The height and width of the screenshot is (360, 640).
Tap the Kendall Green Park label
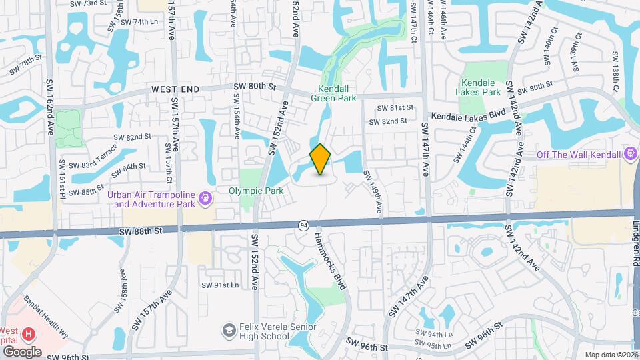pos(333,93)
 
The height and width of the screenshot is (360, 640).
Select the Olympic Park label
pos(251,190)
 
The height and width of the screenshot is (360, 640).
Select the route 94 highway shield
pos(304,225)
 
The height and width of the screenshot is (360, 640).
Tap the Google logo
pos(21,351)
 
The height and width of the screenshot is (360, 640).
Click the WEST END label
pos(175,89)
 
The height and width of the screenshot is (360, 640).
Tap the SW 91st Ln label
pos(220,285)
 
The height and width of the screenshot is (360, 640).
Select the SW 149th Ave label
pos(373,192)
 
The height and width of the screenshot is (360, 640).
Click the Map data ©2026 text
pos(611,355)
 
